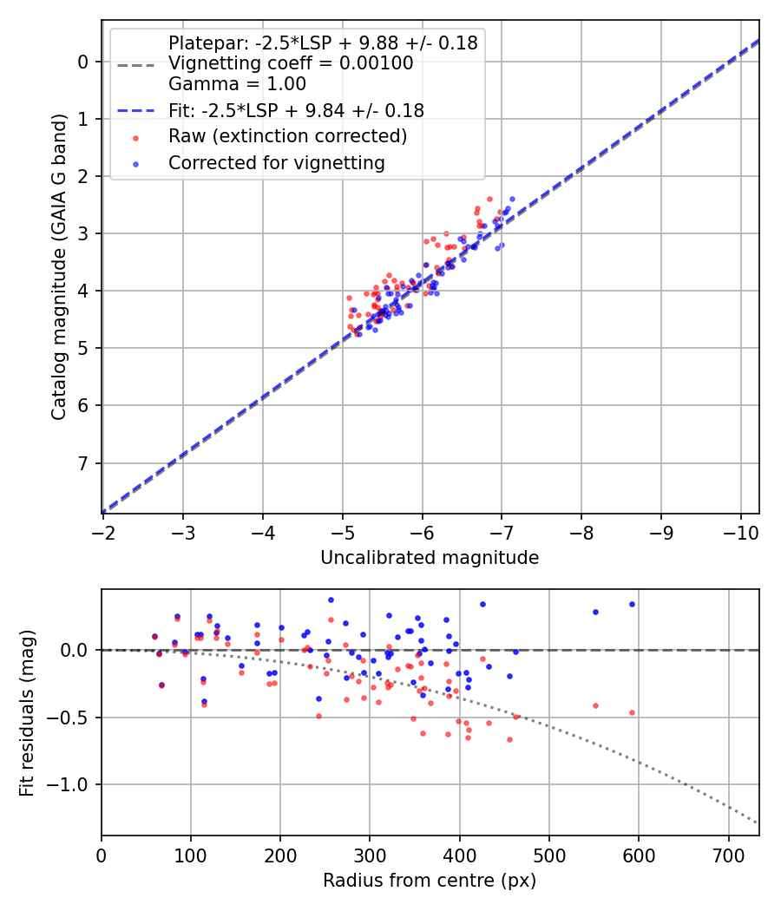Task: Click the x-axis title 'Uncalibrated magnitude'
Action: click(430, 558)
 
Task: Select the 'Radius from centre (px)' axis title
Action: click(430, 881)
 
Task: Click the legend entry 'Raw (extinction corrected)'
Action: click(287, 136)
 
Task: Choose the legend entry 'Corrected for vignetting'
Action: click(277, 162)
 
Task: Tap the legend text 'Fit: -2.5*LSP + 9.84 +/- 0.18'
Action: click(296, 110)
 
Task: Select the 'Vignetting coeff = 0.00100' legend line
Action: click(291, 63)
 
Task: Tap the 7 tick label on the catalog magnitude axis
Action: click(83, 462)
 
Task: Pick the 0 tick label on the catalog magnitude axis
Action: click(83, 62)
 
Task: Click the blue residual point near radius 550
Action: click(595, 612)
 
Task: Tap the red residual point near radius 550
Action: click(595, 705)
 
